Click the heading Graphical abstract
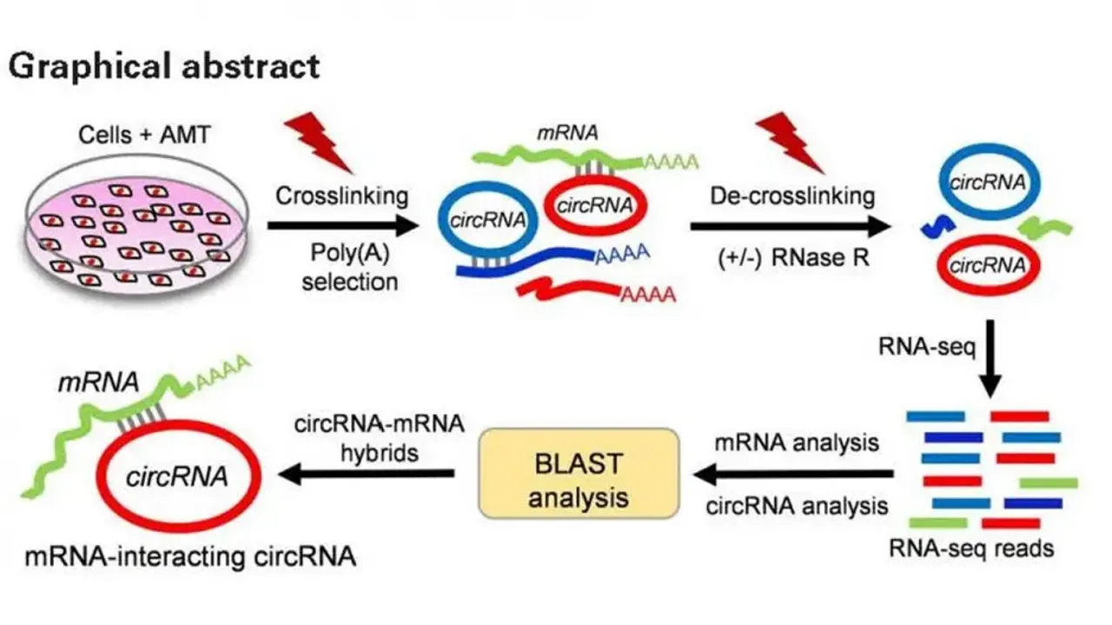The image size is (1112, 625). pyautogui.click(x=164, y=66)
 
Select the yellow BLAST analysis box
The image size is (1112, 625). pyautogui.click(x=578, y=473)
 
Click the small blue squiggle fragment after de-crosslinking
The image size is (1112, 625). pyautogui.click(x=938, y=226)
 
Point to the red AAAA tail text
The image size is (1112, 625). pyautogui.click(x=647, y=296)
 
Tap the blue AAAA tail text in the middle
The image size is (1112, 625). pyautogui.click(x=625, y=255)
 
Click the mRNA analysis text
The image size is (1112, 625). pyautogui.click(x=796, y=442)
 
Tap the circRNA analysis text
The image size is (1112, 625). pyautogui.click(x=796, y=506)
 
